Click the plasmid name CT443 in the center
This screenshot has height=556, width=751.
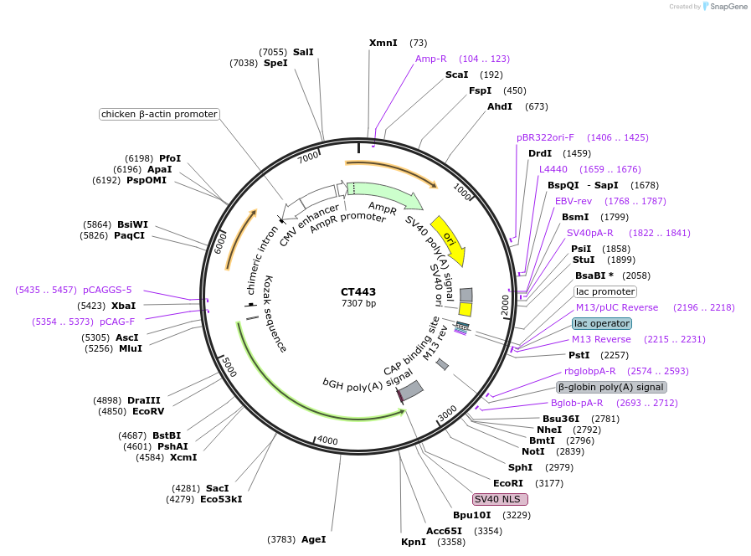pyautogui.click(x=358, y=292)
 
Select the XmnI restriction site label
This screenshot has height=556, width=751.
pyautogui.click(x=383, y=43)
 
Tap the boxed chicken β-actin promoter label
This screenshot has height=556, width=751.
pyautogui.click(x=159, y=114)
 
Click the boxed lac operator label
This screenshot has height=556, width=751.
pyautogui.click(x=602, y=323)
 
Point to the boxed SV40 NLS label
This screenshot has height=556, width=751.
pyautogui.click(x=500, y=499)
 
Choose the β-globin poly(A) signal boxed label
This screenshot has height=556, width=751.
pyautogui.click(x=611, y=387)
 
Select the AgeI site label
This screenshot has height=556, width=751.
pyautogui.click(x=313, y=539)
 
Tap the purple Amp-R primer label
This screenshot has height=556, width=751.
pyautogui.click(x=431, y=59)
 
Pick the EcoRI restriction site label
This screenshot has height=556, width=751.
pyautogui.click(x=507, y=483)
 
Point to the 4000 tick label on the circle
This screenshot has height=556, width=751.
pyautogui.click(x=327, y=440)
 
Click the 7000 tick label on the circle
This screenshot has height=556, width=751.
pyautogui.click(x=308, y=157)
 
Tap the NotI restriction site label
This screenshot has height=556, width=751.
pyautogui.click(x=532, y=451)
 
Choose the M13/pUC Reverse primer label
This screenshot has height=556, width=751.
pyautogui.click(x=617, y=307)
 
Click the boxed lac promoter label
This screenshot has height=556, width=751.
pyautogui.click(x=604, y=291)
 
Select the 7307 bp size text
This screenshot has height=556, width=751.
pyautogui.click(x=358, y=303)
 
